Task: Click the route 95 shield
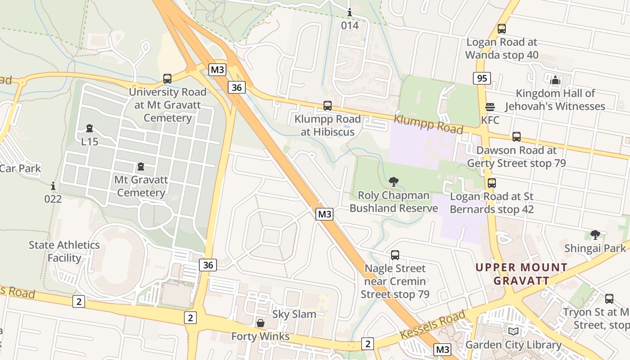point(482,78)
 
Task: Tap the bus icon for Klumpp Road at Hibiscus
point(328,106)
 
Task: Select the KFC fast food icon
point(490,107)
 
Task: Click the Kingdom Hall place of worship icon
point(555,80)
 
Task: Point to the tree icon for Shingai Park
point(595,234)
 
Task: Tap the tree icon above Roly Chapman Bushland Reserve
point(394,182)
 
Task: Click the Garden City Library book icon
point(513,332)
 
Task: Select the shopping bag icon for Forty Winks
point(260,323)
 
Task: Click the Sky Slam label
point(294,314)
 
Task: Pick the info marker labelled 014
point(350,12)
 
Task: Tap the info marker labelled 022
point(53,185)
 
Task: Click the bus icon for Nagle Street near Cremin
point(395,255)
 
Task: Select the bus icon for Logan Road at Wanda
point(501,29)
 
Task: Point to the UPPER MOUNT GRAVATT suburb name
point(522,274)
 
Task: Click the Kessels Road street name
point(432,325)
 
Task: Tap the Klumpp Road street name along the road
point(428,124)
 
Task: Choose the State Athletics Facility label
point(64,252)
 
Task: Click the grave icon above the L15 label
point(89,128)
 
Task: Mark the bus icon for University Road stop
point(167,79)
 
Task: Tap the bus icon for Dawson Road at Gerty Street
point(516,137)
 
